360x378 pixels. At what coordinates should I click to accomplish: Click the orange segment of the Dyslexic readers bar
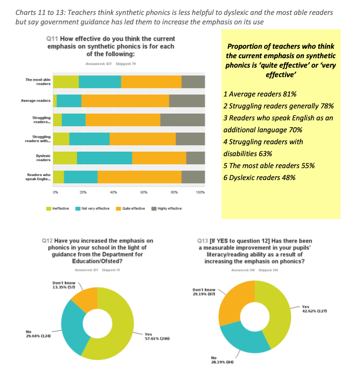point(159,158)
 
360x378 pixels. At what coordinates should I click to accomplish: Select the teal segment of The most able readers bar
point(99,82)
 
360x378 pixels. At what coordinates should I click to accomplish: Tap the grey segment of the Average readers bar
point(187,101)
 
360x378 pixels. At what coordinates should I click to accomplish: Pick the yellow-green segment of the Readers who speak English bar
point(59,177)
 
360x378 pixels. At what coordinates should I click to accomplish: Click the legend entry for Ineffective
point(59,208)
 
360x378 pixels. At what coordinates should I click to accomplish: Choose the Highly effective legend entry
point(167,208)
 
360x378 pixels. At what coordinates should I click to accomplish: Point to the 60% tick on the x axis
point(144,192)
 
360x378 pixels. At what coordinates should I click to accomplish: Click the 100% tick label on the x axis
point(200,192)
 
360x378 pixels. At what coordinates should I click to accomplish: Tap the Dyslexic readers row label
point(43,158)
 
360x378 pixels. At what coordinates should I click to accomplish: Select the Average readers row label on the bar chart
point(36,101)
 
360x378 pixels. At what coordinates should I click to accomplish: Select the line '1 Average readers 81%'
point(261,94)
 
